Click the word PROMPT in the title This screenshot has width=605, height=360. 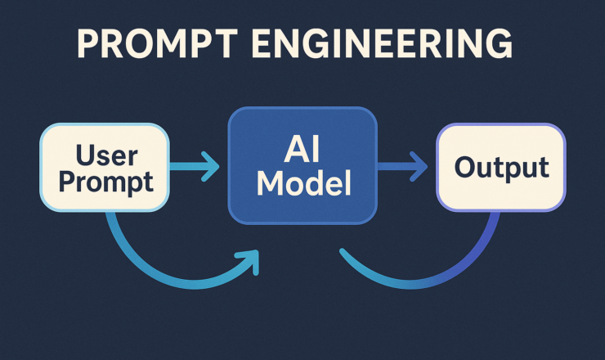[x=158, y=43]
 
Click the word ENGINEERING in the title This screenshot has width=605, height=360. [x=383, y=43]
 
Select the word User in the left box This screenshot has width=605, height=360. [x=107, y=155]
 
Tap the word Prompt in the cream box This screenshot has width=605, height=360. [x=106, y=182]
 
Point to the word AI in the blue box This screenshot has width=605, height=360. [x=302, y=150]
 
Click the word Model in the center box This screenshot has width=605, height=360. [x=304, y=183]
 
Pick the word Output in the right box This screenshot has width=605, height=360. [x=502, y=168]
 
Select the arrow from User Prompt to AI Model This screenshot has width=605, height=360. [x=195, y=166]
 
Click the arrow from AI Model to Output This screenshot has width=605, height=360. [x=402, y=166]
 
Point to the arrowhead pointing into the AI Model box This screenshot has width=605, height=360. [x=210, y=166]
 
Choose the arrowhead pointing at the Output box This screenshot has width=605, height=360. [x=419, y=166]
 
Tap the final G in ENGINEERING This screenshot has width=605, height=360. [x=500, y=43]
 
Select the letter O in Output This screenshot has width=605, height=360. [x=466, y=167]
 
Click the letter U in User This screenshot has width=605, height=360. [x=85, y=155]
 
